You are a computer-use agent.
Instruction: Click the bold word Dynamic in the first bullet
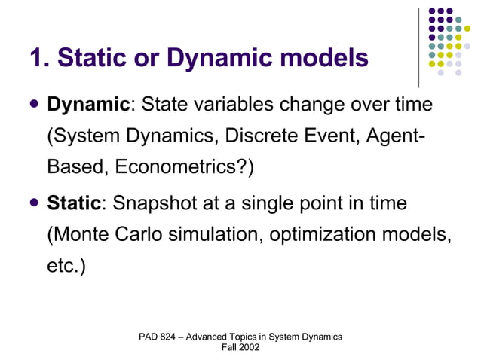88,105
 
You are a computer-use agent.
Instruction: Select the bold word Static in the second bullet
74,203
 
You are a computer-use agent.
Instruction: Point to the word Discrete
271,136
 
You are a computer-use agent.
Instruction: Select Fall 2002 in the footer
240,347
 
